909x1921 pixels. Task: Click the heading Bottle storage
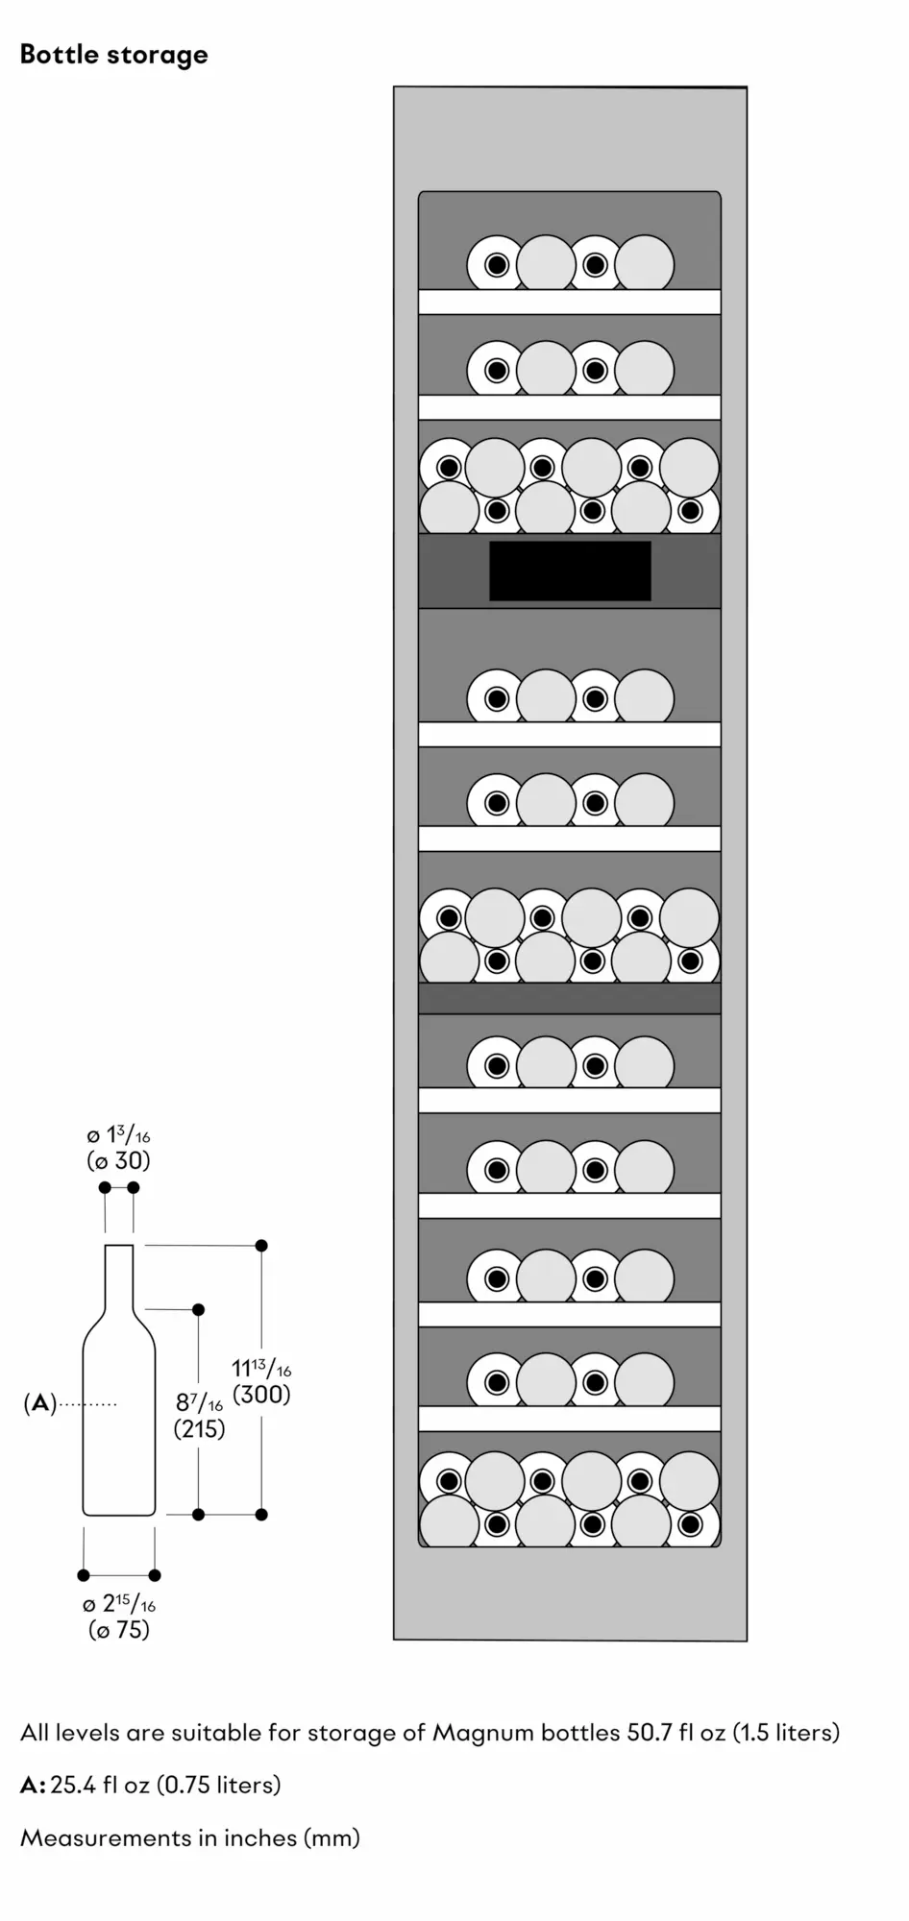(x=113, y=55)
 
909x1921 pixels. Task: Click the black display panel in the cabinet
(x=570, y=571)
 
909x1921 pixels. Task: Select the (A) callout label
(x=39, y=1403)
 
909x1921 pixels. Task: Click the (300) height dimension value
(x=261, y=1395)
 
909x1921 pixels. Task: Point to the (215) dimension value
(x=199, y=1428)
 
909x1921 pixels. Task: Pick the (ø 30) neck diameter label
(x=119, y=1160)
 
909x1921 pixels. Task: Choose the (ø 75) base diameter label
(x=119, y=1629)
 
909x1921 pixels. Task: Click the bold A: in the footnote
(x=33, y=1785)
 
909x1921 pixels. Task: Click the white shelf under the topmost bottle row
(x=569, y=302)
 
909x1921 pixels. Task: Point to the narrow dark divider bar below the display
(x=569, y=998)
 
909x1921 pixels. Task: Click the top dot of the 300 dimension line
(x=261, y=1246)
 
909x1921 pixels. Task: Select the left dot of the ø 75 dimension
(x=84, y=1575)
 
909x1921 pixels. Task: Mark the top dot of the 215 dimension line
(x=199, y=1310)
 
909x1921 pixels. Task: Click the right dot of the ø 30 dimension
(x=134, y=1188)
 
